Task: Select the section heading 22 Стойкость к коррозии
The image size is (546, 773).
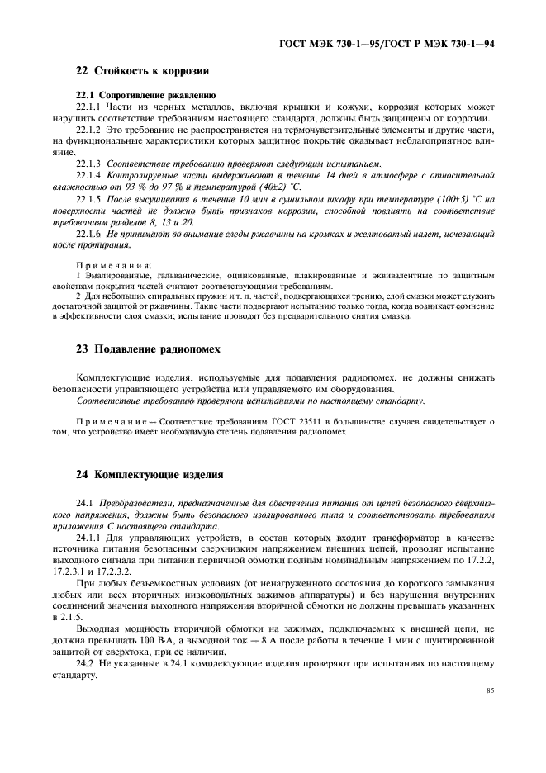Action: [x=142, y=71]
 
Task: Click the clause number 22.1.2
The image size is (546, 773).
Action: [x=88, y=130]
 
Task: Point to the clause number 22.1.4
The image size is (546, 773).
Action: [x=88, y=176]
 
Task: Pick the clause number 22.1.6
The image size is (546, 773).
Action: [x=88, y=234]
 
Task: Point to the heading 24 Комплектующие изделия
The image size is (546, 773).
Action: [x=149, y=475]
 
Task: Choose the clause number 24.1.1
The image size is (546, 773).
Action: [x=88, y=538]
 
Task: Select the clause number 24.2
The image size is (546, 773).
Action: [x=85, y=663]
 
